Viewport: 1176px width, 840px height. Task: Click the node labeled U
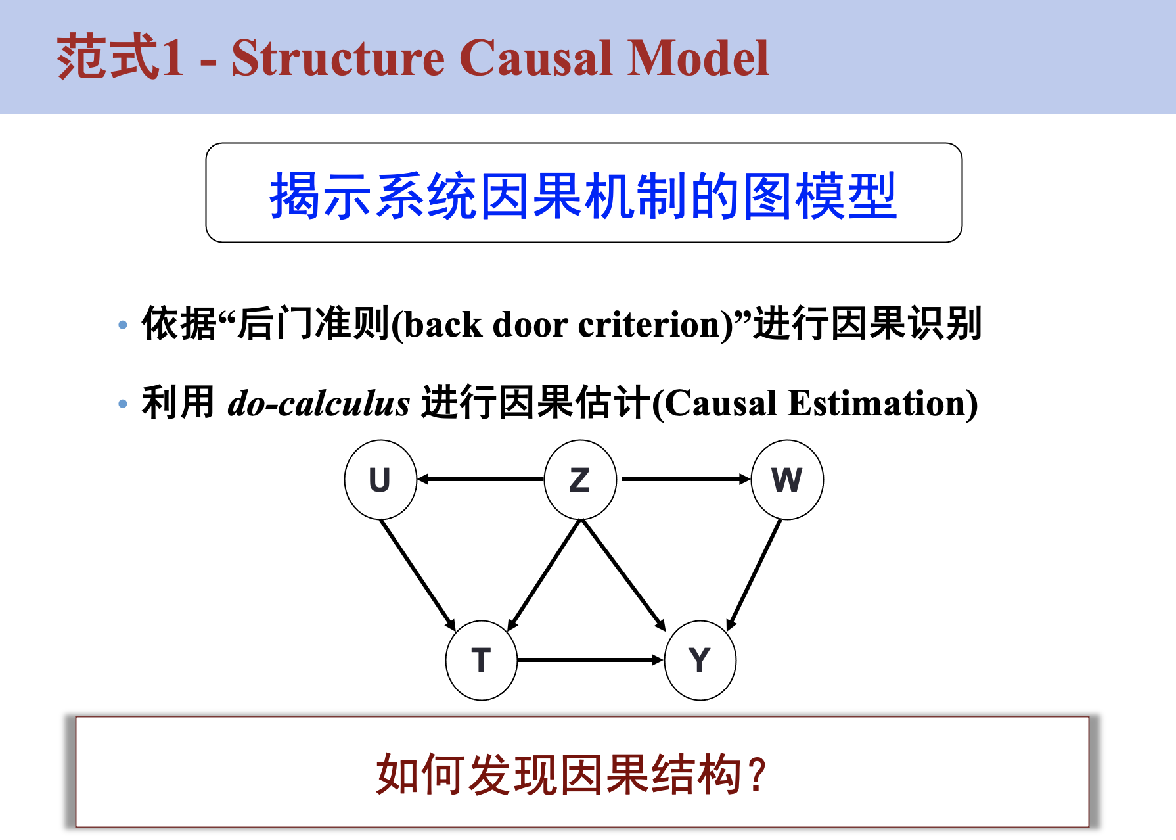click(380, 479)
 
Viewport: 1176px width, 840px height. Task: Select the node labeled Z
click(580, 479)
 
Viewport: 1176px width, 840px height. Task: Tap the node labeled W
click(786, 479)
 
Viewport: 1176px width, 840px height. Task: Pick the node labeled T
click(481, 660)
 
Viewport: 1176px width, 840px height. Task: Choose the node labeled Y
click(700, 660)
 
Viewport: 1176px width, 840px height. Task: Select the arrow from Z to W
click(684, 479)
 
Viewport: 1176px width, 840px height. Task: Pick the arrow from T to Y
click(590, 660)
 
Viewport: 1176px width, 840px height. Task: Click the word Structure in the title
click(338, 59)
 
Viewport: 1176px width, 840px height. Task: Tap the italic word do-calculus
click(318, 404)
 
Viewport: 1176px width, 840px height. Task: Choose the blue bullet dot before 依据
click(123, 325)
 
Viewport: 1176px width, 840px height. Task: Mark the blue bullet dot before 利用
click(123, 404)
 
